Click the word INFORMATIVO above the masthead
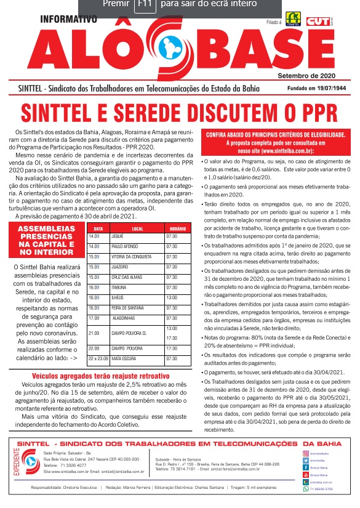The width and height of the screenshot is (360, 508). tap(68, 19)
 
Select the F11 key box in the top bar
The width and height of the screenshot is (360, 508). tap(144, 6)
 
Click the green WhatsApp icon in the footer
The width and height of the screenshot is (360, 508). tap(306, 489)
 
